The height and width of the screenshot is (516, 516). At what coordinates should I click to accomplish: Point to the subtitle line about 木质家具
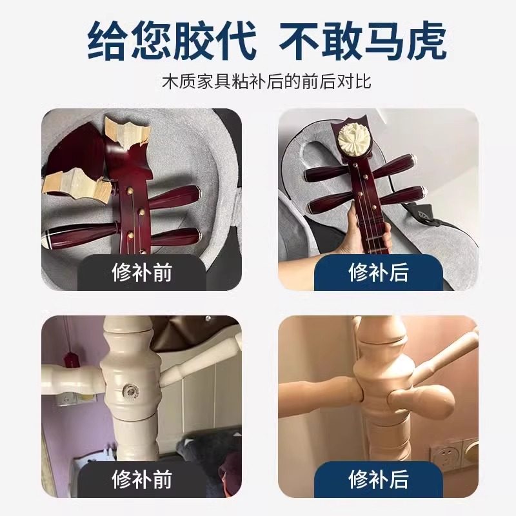[x=258, y=83]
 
